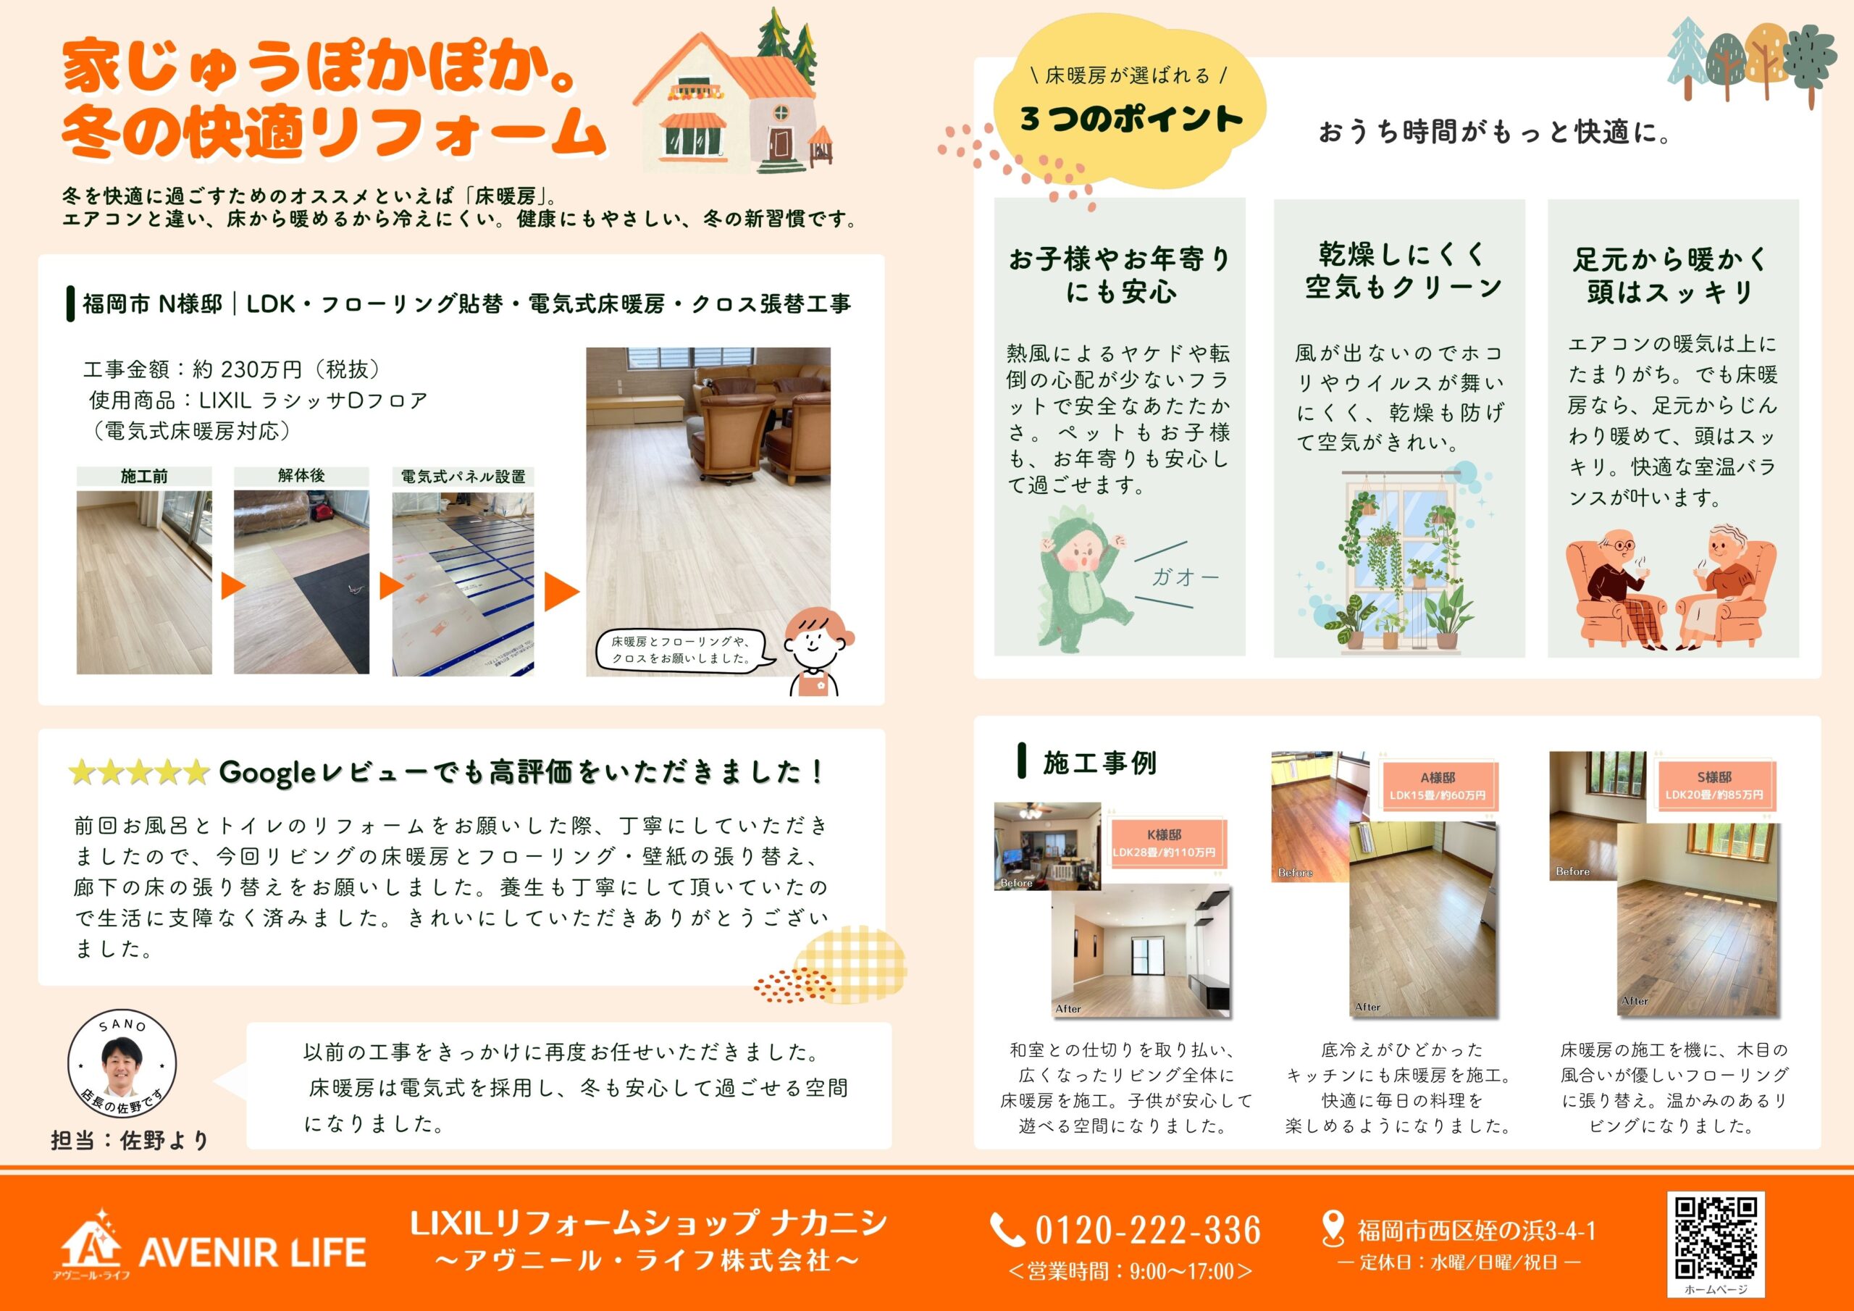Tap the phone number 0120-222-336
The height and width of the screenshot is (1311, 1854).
pos(1149,1230)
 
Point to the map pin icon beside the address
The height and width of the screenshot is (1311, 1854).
pos(1333,1228)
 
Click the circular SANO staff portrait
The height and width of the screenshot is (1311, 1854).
pos(122,1064)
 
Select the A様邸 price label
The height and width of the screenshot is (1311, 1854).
pos(1438,786)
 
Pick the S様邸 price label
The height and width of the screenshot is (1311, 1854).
pos(1714,786)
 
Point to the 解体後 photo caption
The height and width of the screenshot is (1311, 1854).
pos(301,476)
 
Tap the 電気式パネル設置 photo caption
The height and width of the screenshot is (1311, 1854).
pos(463,477)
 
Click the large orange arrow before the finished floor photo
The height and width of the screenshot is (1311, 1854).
pos(562,591)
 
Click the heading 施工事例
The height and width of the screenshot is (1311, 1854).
pos(1099,763)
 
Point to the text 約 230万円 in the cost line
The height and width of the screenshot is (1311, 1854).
pos(248,369)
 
